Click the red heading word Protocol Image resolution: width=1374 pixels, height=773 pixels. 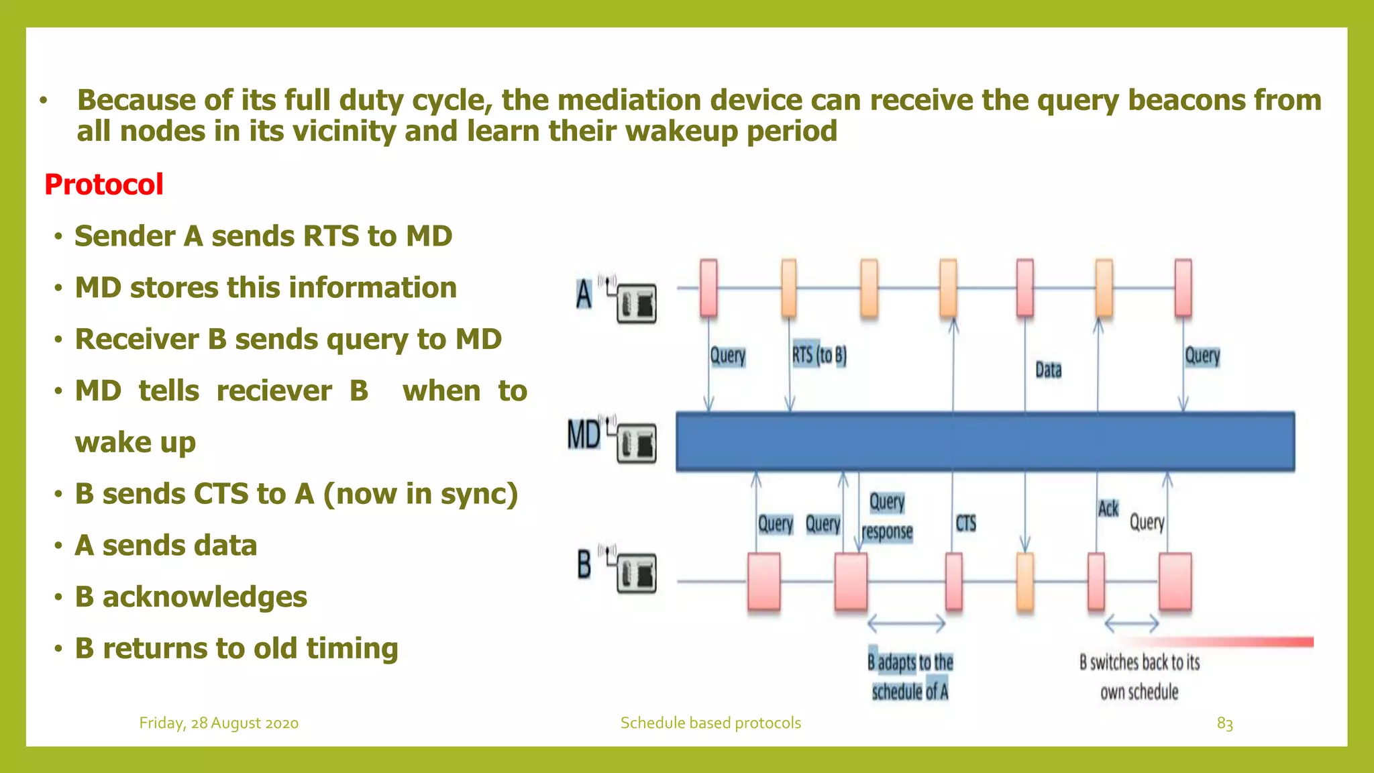[104, 185]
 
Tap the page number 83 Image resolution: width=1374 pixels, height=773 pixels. [1224, 723]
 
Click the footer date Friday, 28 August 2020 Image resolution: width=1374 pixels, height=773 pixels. [219, 723]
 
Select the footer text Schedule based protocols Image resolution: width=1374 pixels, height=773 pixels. [710, 723]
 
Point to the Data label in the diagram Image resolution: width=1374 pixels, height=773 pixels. [1048, 370]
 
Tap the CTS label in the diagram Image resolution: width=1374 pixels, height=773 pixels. [965, 523]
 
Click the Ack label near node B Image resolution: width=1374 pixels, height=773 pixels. [1108, 509]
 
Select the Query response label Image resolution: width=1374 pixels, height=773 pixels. [887, 517]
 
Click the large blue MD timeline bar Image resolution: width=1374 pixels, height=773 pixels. [985, 442]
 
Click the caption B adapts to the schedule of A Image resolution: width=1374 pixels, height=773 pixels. [910, 676]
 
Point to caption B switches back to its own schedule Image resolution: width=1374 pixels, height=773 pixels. [1139, 676]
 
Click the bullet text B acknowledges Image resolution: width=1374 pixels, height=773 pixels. [191, 597]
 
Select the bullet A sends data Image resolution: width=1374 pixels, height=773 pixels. [166, 545]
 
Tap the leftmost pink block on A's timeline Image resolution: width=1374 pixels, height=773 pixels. [708, 288]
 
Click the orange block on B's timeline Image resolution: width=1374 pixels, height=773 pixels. [1025, 582]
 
